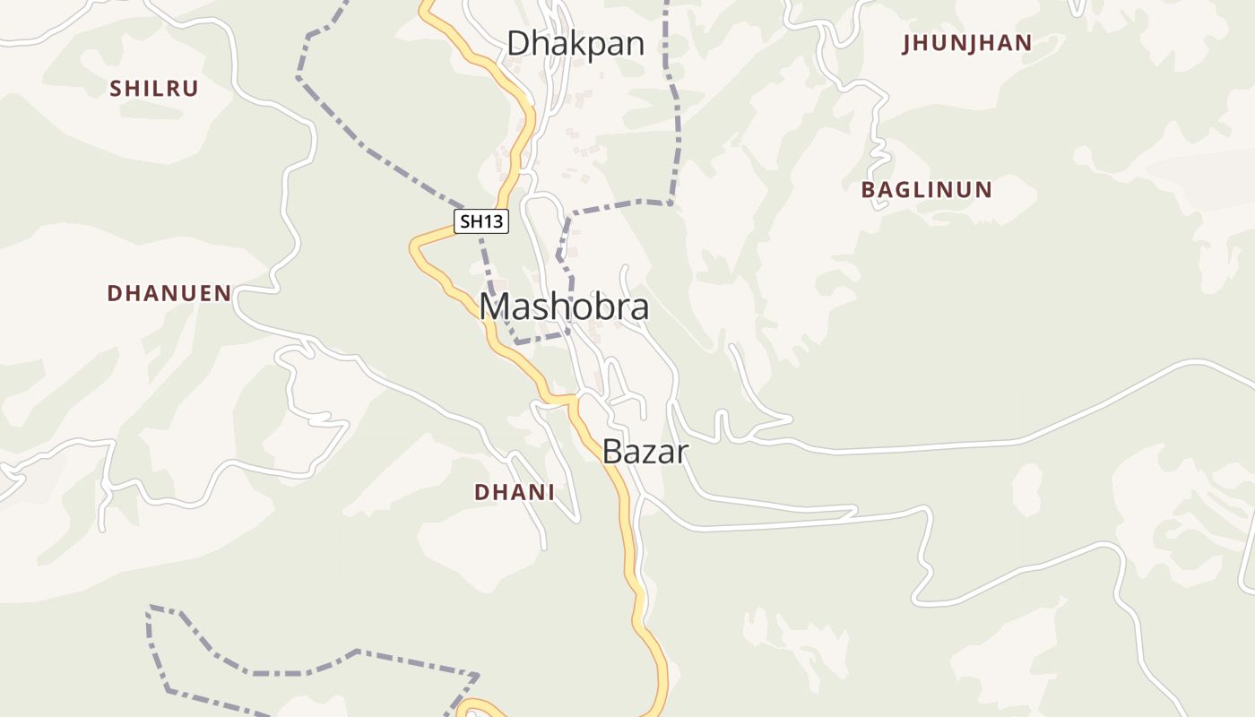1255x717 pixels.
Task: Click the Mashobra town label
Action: [564, 307]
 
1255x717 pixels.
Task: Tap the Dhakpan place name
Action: [576, 43]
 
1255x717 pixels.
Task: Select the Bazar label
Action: [645, 452]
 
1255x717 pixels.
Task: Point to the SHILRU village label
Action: [153, 89]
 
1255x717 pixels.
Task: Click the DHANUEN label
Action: [169, 293]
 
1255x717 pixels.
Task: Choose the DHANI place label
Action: [514, 492]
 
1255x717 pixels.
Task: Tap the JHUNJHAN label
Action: [967, 43]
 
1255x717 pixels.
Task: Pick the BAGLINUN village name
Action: [926, 190]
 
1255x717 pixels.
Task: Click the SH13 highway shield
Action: [481, 221]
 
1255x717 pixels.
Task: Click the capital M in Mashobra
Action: [497, 307]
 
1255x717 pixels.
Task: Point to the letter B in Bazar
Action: [612, 452]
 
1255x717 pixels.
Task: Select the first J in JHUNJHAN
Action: [907, 43]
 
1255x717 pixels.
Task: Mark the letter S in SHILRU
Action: [115, 89]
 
